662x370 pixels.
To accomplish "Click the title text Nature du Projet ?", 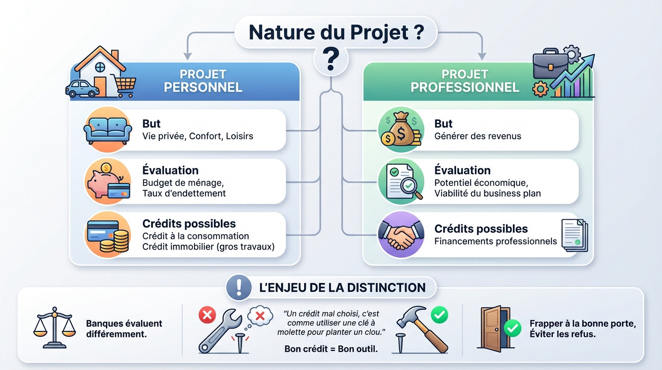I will [336, 32].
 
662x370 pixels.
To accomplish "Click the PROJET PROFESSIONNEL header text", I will [465, 81].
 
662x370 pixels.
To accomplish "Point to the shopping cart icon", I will [125, 85].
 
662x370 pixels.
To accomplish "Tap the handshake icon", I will [401, 235].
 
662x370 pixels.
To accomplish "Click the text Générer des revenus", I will [477, 136].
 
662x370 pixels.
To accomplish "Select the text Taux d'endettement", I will [184, 194].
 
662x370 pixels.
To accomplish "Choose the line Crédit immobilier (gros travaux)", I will [208, 247].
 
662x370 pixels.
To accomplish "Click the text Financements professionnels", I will [496, 241].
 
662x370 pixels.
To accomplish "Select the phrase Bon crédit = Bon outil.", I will [331, 349].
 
